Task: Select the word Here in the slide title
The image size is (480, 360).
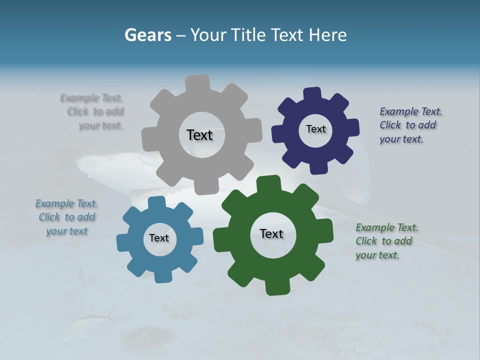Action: pos(328,35)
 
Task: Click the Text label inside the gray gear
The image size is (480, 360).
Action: pos(199,135)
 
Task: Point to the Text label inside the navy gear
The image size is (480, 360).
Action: pos(315,129)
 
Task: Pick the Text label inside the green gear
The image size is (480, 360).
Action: pos(271,233)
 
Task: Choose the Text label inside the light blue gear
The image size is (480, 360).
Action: pos(159,238)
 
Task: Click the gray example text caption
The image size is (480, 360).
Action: pos(93,111)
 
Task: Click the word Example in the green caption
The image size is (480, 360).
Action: pos(374,227)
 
